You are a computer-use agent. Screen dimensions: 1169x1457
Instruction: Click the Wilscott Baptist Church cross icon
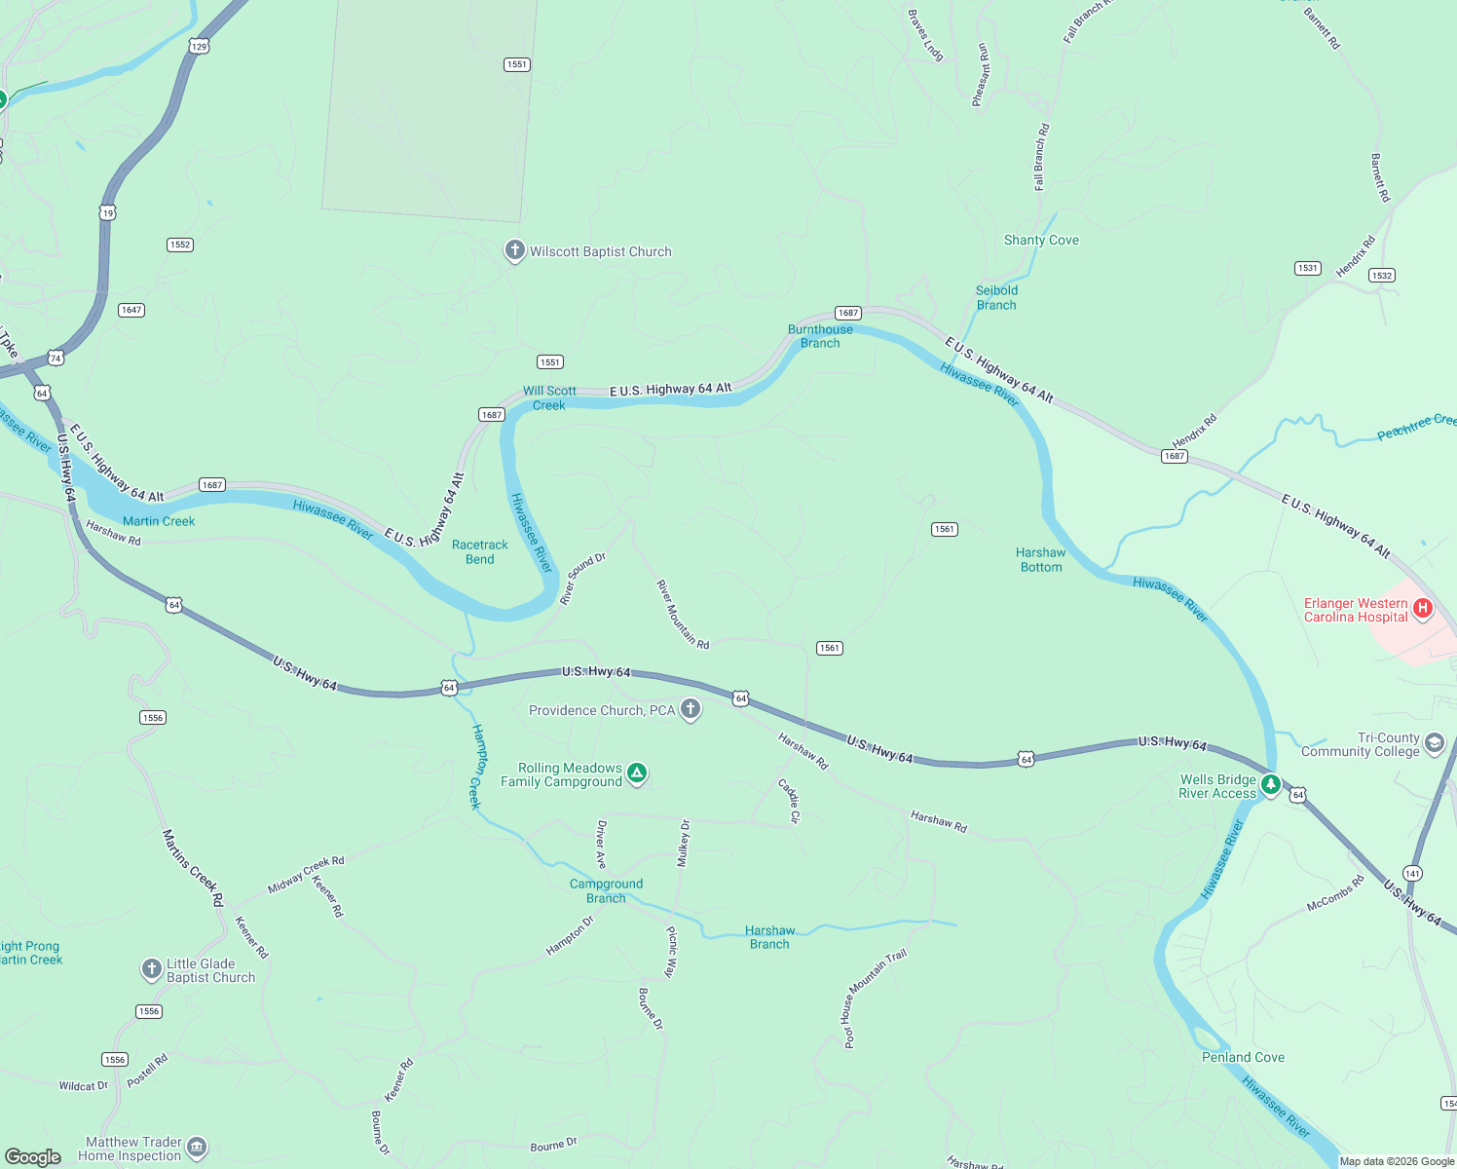tap(514, 250)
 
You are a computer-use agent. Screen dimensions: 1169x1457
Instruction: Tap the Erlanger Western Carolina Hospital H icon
tap(1423, 609)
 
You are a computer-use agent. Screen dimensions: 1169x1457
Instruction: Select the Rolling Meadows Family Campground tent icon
tap(637, 773)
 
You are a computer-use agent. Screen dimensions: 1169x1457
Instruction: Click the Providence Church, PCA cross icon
tap(691, 709)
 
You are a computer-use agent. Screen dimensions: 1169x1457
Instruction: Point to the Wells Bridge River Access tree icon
tap(1270, 784)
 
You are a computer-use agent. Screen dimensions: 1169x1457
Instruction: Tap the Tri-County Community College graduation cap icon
tap(1435, 744)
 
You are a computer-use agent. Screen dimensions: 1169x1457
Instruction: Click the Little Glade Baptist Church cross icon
tap(151, 968)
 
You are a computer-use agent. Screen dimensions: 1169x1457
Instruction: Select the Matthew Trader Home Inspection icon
tap(197, 1147)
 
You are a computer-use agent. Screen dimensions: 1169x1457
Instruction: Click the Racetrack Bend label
tap(480, 552)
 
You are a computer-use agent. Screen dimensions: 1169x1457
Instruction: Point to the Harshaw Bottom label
tap(1041, 559)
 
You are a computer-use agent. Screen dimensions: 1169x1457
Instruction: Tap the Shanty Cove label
tap(1041, 240)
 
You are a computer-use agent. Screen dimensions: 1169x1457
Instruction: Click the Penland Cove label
tap(1243, 1057)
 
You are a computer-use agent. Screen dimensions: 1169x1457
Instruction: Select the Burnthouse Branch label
tap(820, 336)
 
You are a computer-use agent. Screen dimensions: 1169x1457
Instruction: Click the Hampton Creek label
tap(477, 767)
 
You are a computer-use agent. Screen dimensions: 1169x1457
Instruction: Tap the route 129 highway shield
tap(199, 46)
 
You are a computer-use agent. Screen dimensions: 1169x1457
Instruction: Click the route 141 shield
tap(1412, 873)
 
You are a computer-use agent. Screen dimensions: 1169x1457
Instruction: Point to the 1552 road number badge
tap(180, 245)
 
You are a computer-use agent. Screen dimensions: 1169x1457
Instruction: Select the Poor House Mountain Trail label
tap(874, 998)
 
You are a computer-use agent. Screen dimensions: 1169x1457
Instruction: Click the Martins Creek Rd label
tap(193, 868)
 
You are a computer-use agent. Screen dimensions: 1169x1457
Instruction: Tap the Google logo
tap(33, 1156)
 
